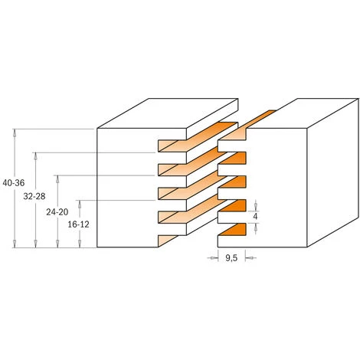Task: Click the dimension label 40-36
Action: tap(13, 187)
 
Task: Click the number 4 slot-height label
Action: tap(256, 217)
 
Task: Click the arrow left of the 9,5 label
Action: tap(213, 259)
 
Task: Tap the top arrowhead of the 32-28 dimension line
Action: tap(36, 154)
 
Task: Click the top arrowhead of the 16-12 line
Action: tap(79, 201)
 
